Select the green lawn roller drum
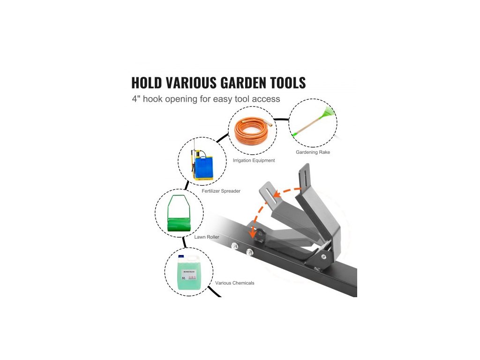(180, 219)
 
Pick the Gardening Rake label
(313, 152)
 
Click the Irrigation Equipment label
(254, 160)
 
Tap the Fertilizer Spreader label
(221, 191)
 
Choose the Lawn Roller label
(207, 237)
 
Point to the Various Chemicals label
(234, 283)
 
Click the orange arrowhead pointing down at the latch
(254, 232)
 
